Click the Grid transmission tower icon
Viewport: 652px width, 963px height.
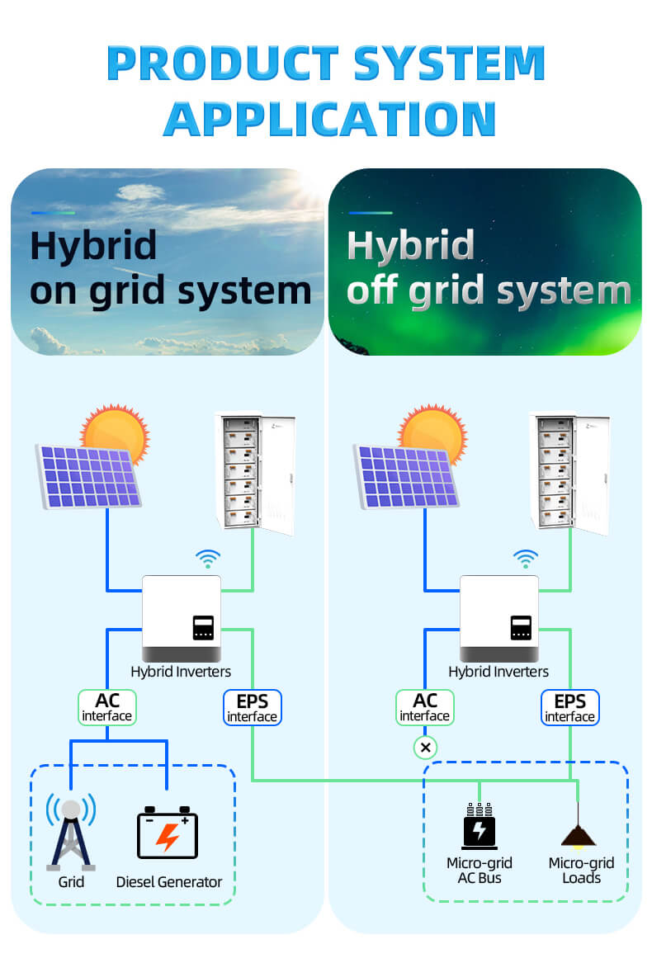(x=71, y=833)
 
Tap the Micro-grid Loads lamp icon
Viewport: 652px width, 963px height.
(x=579, y=834)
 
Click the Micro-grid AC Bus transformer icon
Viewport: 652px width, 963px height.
(x=480, y=826)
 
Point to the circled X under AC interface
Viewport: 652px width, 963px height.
(x=425, y=748)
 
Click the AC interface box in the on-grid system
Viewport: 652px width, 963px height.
(x=107, y=707)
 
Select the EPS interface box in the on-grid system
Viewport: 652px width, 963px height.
(x=253, y=707)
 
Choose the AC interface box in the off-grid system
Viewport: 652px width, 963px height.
(x=425, y=707)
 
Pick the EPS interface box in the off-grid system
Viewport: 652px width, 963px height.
(x=570, y=707)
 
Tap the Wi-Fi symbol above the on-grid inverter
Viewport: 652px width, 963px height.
(x=207, y=559)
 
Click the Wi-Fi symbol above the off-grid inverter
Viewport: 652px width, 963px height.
(x=525, y=559)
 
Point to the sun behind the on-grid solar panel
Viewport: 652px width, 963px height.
(x=116, y=431)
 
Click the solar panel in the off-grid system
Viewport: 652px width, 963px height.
(x=405, y=476)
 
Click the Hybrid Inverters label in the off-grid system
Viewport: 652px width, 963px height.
(x=498, y=672)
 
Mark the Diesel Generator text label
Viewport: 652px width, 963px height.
(x=169, y=882)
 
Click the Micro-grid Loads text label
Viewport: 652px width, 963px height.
(x=581, y=871)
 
